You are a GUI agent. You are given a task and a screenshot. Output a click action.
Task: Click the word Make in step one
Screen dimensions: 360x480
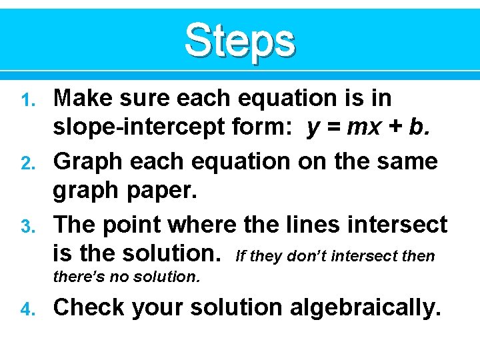tap(80, 99)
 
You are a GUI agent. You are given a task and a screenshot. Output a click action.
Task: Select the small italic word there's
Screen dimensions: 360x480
tap(81, 275)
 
